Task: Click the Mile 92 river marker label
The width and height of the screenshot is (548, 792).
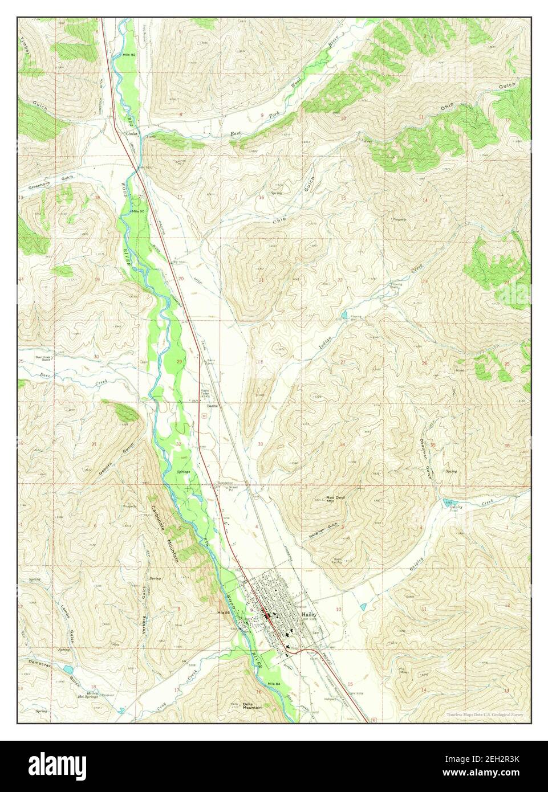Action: (x=129, y=54)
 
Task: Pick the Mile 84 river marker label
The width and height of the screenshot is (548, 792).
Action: (x=274, y=683)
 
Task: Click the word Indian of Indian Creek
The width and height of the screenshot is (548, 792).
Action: (x=324, y=341)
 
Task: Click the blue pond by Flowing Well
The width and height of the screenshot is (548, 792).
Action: (x=344, y=315)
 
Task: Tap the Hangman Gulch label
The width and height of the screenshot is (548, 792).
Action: (x=327, y=525)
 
